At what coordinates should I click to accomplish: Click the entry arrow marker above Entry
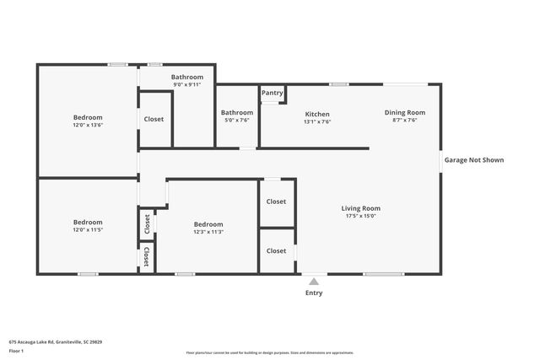[x=314, y=282]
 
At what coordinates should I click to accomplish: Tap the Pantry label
[x=272, y=93]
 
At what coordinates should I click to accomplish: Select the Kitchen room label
[x=317, y=114]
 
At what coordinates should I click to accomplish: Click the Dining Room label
[x=405, y=112]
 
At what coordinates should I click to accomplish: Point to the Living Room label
[x=360, y=208]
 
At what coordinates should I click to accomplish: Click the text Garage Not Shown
[x=474, y=159]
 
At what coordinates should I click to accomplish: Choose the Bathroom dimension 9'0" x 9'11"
[x=188, y=84]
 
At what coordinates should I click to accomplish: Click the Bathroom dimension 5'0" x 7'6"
[x=237, y=120]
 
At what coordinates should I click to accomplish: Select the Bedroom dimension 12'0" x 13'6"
[x=88, y=125]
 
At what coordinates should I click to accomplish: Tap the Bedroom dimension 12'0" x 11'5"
[x=88, y=229]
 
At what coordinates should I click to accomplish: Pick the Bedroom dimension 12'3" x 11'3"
[x=208, y=232]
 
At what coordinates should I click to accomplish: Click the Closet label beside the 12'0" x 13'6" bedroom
[x=154, y=119]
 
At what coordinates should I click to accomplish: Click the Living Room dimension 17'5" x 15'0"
[x=360, y=215]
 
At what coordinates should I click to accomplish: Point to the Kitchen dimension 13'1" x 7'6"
[x=317, y=121]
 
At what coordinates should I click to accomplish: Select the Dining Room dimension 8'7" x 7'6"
[x=405, y=120]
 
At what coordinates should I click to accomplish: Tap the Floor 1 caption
[x=17, y=351]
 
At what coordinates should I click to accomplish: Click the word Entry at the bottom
[x=314, y=293]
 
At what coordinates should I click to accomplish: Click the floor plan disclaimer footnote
[x=269, y=352]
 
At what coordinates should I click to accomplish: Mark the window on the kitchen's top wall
[x=339, y=83]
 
